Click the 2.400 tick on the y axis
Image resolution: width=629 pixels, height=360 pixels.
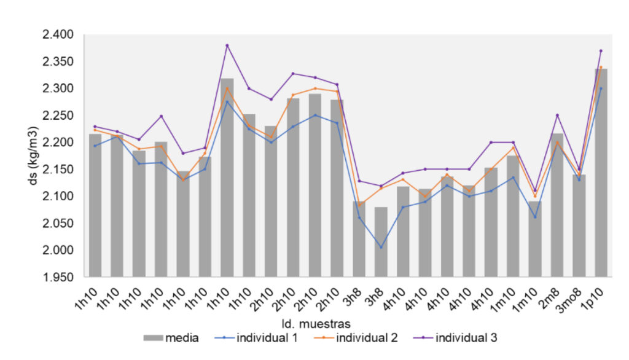pos(58,34)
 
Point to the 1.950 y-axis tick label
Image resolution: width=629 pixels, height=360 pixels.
pos(58,277)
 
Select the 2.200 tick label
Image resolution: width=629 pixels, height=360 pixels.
pos(58,143)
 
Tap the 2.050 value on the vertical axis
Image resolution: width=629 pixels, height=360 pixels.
pos(58,223)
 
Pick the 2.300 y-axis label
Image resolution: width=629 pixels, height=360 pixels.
pos(58,88)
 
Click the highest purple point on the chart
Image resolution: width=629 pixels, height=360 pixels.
pos(227,45)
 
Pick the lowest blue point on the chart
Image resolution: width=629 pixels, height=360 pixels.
pos(381,248)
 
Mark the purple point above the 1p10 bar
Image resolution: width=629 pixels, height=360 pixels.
pos(601,51)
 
